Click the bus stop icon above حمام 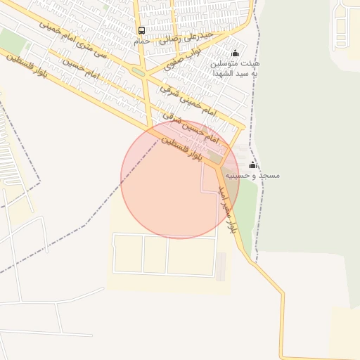coord(142,30)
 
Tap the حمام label coord(142,41)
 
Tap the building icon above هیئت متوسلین coord(235,53)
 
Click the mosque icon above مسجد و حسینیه coord(252,164)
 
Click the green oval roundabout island coord(139,71)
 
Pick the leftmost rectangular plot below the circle coord(128,254)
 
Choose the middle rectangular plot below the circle coord(155,254)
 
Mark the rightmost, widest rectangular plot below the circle coord(191,255)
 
